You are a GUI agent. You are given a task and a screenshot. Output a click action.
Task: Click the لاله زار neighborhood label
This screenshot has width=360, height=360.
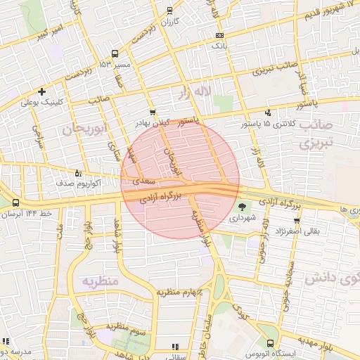point(212,92)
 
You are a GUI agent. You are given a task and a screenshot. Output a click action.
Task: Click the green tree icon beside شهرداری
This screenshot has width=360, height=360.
point(243,207)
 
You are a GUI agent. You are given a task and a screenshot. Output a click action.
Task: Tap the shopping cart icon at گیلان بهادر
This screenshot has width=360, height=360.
point(153,112)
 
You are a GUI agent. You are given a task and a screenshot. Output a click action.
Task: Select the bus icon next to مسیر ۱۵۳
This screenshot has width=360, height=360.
point(115,53)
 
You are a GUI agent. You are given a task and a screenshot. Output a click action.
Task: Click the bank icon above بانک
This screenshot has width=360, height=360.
point(220,34)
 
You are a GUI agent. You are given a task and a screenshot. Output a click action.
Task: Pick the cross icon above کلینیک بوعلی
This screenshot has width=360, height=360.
point(42,91)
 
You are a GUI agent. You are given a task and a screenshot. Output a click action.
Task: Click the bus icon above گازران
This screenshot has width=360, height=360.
point(169,11)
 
